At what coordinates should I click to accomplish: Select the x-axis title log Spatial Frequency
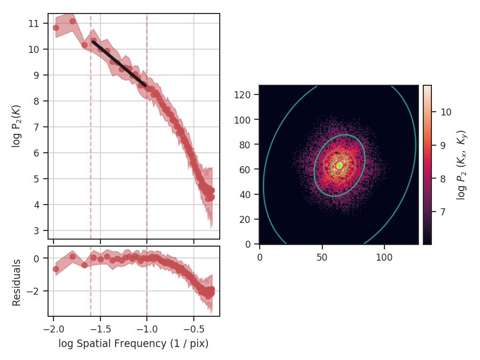tap(133, 344)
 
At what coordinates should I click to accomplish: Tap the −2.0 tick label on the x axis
tap(53, 329)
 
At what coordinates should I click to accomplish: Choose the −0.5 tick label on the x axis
tap(194, 329)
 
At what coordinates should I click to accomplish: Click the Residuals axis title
tap(16, 282)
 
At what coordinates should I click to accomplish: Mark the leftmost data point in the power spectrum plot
tap(56, 28)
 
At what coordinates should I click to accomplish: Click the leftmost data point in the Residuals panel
tap(56, 269)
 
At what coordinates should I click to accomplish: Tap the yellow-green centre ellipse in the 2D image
tap(340, 166)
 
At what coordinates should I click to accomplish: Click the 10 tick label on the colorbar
tap(446, 112)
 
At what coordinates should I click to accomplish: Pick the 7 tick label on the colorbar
tap(444, 212)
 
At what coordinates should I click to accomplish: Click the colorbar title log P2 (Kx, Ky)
tap(462, 165)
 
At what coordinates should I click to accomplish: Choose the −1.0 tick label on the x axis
tap(147, 329)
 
